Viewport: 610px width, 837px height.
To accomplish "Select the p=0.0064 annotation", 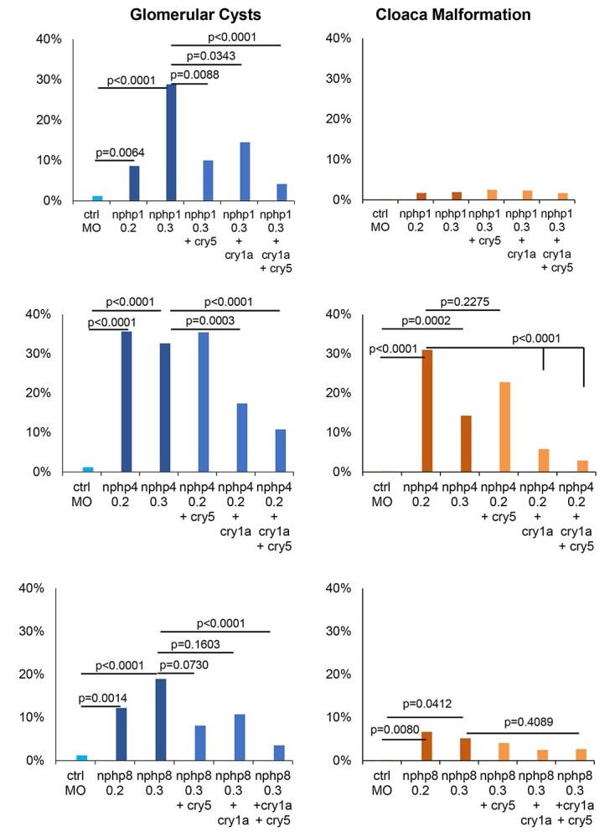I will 120,151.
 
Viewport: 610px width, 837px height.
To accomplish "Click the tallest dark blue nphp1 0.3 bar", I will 171,142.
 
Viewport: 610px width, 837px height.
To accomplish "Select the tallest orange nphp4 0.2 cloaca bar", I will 427,411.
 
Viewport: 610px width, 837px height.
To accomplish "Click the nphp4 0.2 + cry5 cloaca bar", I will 505,427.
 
